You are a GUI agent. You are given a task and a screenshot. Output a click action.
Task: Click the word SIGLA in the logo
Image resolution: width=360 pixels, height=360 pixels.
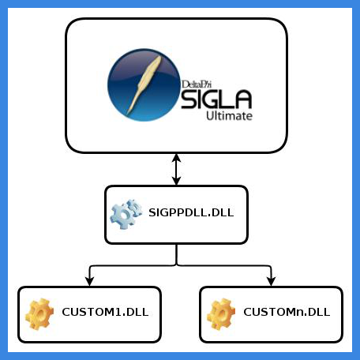[216, 99]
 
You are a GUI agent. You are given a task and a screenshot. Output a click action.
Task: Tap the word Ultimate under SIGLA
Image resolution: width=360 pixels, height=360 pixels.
[229, 116]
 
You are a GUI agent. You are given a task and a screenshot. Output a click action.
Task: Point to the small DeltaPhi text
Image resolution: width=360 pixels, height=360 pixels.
[197, 84]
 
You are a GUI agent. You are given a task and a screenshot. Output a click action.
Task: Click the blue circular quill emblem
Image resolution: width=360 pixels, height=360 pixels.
[144, 84]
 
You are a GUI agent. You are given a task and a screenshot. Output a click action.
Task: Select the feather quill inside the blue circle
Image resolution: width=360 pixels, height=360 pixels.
[144, 84]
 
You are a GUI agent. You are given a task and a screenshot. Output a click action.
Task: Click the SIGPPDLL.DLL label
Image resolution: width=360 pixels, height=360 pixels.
[191, 212]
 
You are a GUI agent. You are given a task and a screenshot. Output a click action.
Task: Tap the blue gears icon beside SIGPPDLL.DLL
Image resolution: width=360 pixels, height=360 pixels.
[126, 214]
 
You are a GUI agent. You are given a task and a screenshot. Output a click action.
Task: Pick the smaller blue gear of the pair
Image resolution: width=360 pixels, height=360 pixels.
[135, 208]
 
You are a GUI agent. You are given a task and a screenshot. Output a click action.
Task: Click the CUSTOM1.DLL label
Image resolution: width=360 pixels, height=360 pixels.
[105, 312]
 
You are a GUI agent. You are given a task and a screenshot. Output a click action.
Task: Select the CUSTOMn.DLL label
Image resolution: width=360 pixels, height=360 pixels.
[287, 312]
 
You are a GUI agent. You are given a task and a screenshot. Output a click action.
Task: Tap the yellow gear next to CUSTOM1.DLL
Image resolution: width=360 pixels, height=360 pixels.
[39, 314]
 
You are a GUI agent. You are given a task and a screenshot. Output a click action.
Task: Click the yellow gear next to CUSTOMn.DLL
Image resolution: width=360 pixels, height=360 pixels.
[221, 314]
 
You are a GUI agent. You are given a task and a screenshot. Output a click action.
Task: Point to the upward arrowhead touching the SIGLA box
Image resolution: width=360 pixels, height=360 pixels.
[176, 158]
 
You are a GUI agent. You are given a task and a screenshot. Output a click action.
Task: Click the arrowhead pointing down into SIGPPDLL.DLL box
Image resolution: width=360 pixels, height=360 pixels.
[176, 181]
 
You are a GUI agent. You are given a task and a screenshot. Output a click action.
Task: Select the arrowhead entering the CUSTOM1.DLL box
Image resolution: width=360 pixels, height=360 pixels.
[90, 281]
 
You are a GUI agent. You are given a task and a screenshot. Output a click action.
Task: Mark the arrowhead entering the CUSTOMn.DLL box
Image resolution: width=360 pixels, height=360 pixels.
[271, 281]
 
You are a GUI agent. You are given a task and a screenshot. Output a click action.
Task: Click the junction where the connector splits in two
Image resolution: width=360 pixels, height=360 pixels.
[176, 265]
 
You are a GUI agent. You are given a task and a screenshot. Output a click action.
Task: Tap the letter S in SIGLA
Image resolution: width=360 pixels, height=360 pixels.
[187, 99]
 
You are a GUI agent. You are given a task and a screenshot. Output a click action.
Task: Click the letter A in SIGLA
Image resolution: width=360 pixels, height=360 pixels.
[242, 99]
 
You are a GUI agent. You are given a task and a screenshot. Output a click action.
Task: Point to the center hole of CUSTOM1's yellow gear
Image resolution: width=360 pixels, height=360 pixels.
[40, 314]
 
